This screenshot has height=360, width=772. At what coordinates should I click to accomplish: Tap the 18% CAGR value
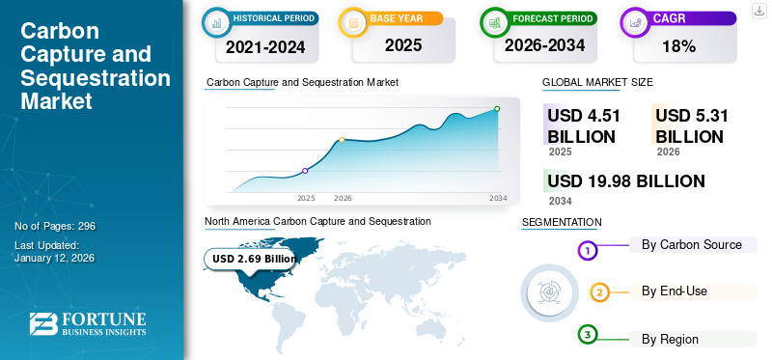[x=679, y=45]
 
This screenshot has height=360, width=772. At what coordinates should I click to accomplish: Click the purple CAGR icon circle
[x=636, y=21]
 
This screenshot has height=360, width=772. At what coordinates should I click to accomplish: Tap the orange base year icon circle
[x=354, y=21]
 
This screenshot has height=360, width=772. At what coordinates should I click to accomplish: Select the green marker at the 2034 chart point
[x=497, y=109]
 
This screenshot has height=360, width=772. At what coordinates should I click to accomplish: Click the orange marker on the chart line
[x=342, y=140]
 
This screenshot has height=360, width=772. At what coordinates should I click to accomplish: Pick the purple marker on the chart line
[x=305, y=171]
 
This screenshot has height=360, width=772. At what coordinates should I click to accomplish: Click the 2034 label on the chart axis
[x=498, y=198]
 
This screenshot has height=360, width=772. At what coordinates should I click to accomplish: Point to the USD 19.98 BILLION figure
[x=626, y=180]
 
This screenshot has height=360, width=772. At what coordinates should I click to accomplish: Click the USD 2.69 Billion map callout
[x=254, y=259]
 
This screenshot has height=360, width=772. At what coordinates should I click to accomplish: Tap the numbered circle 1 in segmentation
[x=588, y=251]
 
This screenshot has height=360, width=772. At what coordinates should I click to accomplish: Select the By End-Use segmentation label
[x=674, y=291]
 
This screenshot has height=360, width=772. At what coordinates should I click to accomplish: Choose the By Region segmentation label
[x=670, y=339]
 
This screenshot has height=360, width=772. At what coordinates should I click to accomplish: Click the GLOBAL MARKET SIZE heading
[x=597, y=84]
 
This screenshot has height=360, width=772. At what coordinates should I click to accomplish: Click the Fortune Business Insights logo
[x=88, y=324]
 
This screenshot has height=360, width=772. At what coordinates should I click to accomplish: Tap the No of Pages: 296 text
[x=55, y=226]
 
